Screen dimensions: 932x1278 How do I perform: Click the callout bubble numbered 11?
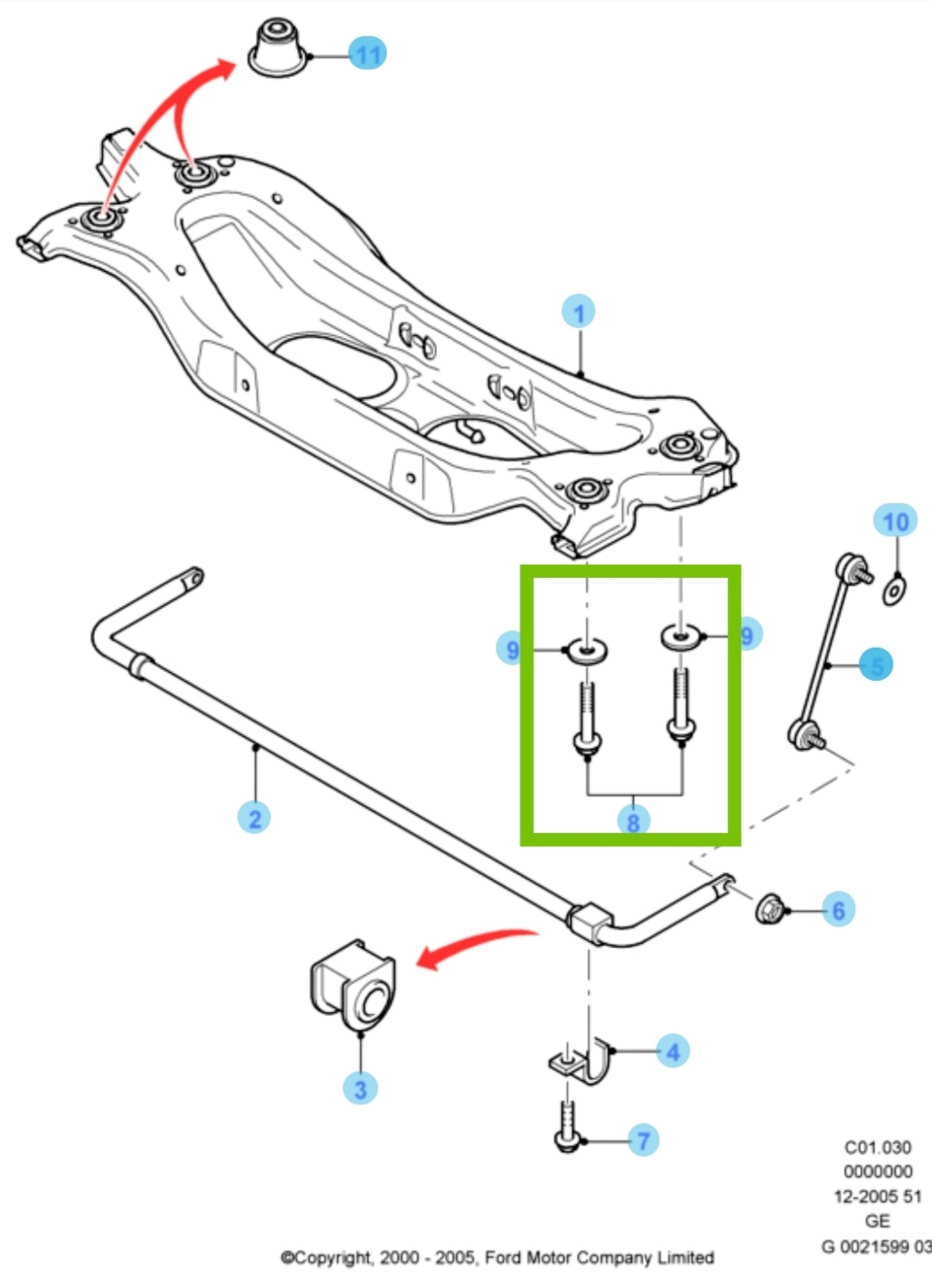click(x=367, y=54)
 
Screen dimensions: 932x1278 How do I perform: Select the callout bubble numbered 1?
click(x=579, y=312)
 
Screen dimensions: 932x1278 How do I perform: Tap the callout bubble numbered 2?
click(x=253, y=818)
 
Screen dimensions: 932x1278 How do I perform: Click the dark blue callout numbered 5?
click(x=877, y=664)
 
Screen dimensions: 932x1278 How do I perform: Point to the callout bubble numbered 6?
click(x=838, y=910)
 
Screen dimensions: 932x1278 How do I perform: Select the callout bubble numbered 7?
click(x=643, y=1139)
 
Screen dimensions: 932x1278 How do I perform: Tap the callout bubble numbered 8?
click(x=634, y=823)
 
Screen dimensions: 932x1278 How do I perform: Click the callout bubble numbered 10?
click(x=895, y=521)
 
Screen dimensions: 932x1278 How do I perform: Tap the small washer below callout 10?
click(x=894, y=590)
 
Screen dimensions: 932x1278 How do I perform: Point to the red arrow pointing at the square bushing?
click(x=477, y=948)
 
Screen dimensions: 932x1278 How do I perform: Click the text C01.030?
click(x=878, y=1147)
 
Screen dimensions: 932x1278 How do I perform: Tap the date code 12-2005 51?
click(x=878, y=1195)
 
